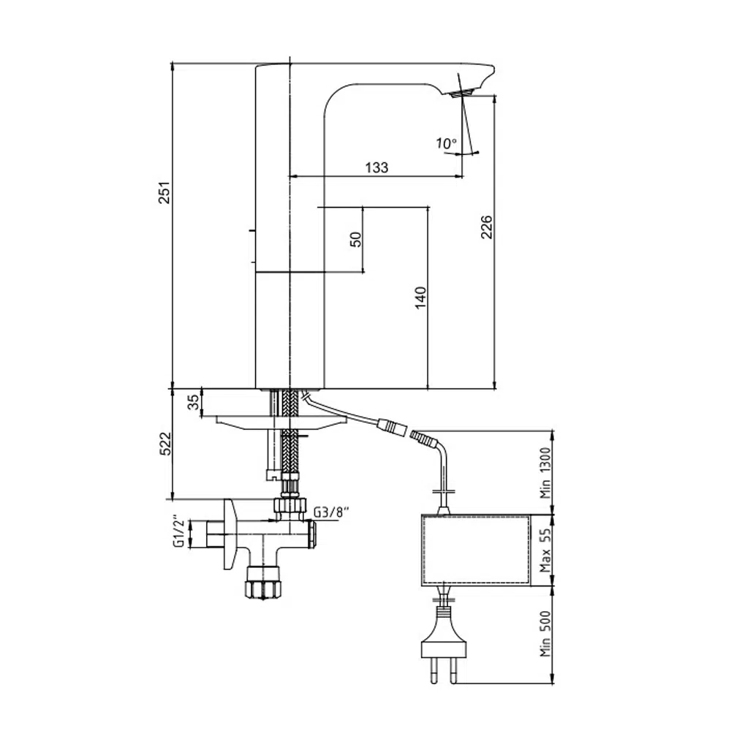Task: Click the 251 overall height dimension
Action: click(165, 192)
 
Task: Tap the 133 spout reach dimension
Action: click(376, 167)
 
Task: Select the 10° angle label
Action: click(446, 143)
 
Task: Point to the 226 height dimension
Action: click(486, 227)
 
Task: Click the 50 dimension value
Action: click(356, 239)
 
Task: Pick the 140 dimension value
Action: click(420, 298)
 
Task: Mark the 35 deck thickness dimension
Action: click(193, 402)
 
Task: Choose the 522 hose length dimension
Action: click(165, 444)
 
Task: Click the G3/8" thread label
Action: click(331, 512)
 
